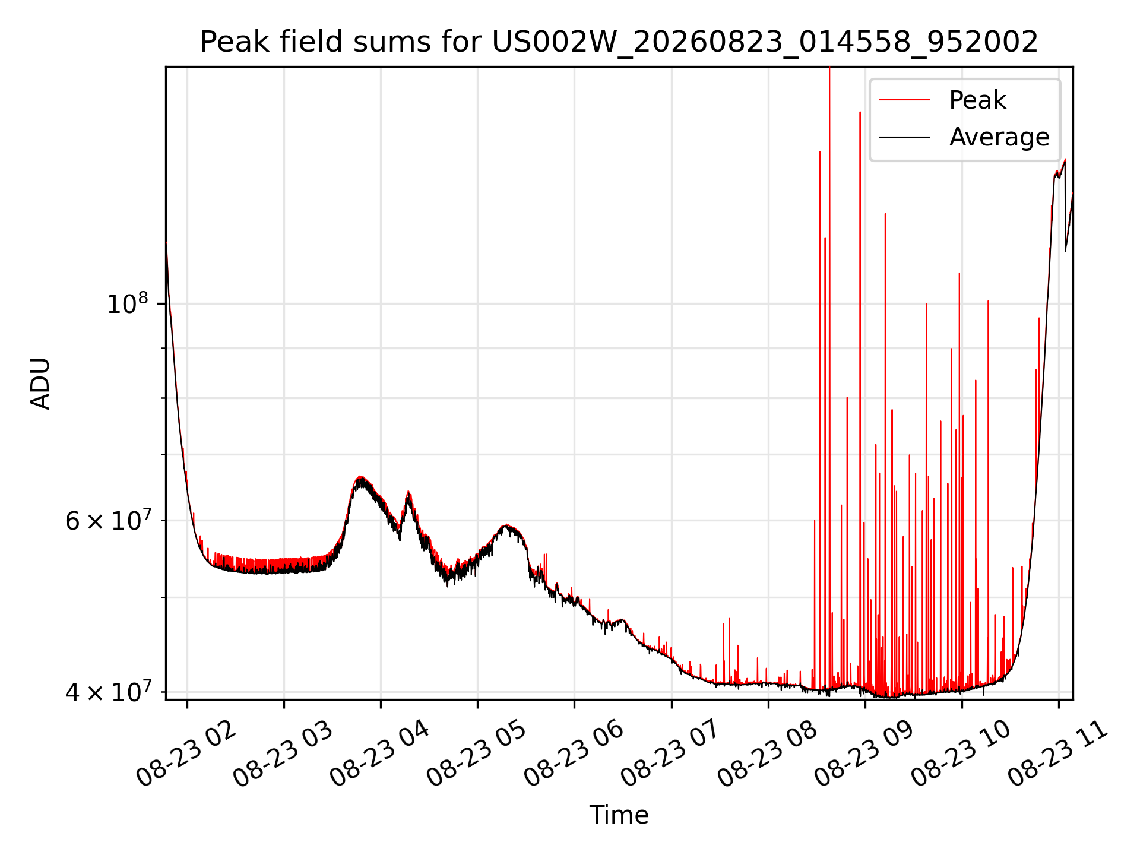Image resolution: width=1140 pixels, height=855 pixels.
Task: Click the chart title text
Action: (619, 42)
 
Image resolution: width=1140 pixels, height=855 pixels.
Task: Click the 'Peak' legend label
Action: (977, 100)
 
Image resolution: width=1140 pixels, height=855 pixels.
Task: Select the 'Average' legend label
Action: (999, 137)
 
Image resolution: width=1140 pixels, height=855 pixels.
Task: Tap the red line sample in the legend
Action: (904, 100)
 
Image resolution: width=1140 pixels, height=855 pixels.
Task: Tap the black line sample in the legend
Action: (904, 137)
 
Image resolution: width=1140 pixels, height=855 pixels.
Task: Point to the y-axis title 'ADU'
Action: (40, 383)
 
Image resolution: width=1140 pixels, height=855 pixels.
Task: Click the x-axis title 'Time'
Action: (619, 815)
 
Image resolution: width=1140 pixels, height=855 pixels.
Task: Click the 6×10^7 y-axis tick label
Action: (108, 520)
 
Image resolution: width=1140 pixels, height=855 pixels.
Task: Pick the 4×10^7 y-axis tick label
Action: (108, 691)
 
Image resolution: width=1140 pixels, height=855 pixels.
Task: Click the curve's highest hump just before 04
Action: (360, 479)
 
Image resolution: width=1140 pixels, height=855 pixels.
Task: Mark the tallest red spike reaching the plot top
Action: (829, 380)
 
